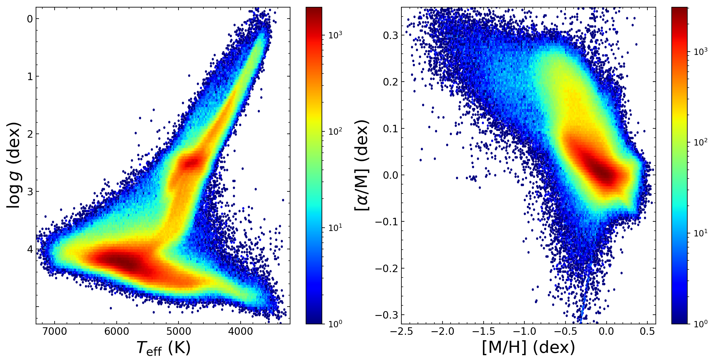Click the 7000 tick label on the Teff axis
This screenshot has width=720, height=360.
click(x=55, y=332)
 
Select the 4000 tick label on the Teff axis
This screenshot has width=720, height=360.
click(x=240, y=332)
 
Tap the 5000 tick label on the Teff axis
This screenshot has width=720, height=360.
click(x=178, y=332)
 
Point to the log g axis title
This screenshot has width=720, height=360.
click(x=14, y=165)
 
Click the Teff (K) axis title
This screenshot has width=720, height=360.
click(x=163, y=348)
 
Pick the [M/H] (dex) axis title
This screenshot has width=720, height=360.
click(x=529, y=347)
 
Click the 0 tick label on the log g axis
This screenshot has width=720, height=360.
click(x=30, y=19)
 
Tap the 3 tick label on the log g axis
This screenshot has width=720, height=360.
click(x=30, y=192)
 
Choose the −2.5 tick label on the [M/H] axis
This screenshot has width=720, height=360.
click(x=401, y=332)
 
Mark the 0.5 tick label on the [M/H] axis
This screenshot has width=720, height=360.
click(x=647, y=332)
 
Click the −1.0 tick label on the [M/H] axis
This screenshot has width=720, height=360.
click(x=524, y=332)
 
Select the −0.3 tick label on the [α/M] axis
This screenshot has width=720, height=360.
click(x=386, y=315)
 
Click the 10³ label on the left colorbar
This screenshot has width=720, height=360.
click(x=335, y=35)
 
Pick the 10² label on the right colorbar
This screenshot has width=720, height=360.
click(x=700, y=142)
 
